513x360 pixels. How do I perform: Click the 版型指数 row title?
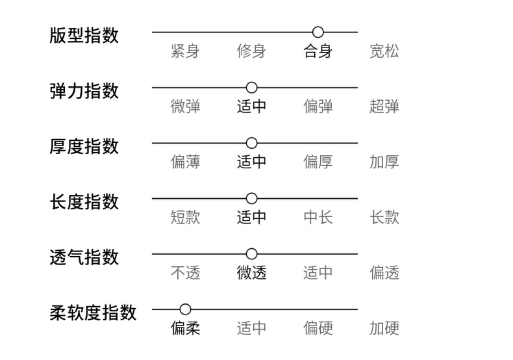point(84,35)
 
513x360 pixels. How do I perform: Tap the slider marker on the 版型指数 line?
point(318,32)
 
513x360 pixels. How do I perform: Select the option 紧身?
point(185,51)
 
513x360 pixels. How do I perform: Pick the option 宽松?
point(384,51)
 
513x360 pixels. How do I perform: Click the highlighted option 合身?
point(318,51)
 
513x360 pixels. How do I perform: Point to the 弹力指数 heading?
point(84,90)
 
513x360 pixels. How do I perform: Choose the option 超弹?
point(384,107)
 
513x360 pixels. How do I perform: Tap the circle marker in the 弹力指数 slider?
point(252,87)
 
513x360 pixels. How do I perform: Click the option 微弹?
point(185,107)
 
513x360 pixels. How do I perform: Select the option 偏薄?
point(185,162)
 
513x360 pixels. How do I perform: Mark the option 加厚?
point(384,162)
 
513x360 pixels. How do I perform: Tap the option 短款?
point(185,217)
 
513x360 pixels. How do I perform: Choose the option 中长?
point(318,217)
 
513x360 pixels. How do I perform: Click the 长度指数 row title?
point(84,201)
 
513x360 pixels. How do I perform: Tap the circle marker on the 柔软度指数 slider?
point(185,309)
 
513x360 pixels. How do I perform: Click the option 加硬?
point(384,328)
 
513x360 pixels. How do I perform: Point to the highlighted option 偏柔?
point(185,328)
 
